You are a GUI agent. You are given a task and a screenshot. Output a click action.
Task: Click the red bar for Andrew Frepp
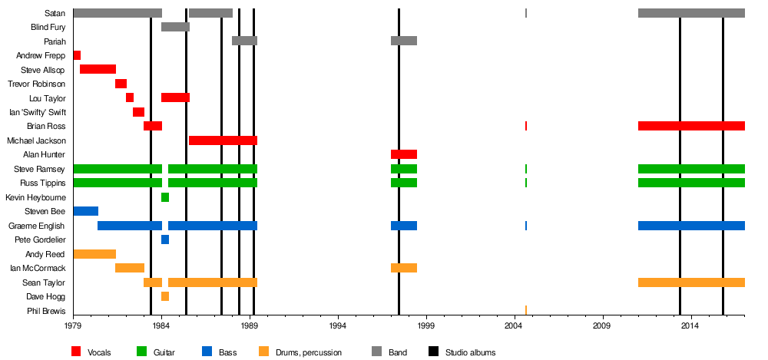click(77, 55)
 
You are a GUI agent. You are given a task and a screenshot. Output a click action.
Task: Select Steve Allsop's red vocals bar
click(98, 69)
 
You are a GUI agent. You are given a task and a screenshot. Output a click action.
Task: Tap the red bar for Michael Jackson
click(223, 140)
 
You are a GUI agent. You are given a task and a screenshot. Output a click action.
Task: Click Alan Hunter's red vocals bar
click(403, 154)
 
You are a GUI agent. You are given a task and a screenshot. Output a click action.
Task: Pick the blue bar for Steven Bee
click(85, 211)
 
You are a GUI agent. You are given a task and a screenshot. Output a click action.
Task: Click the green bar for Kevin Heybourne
click(165, 197)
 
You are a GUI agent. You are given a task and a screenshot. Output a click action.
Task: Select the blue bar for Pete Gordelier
click(165, 239)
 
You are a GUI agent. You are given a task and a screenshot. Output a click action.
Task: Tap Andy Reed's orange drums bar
click(94, 254)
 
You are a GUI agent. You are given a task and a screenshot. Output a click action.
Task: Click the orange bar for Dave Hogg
click(165, 296)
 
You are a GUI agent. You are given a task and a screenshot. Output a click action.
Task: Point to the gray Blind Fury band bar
click(175, 27)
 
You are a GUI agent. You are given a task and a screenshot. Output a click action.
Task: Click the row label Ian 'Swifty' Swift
click(38, 112)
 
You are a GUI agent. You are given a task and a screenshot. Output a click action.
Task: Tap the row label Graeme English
click(37, 226)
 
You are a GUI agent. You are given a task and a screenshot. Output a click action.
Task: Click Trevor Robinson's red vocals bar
click(121, 84)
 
